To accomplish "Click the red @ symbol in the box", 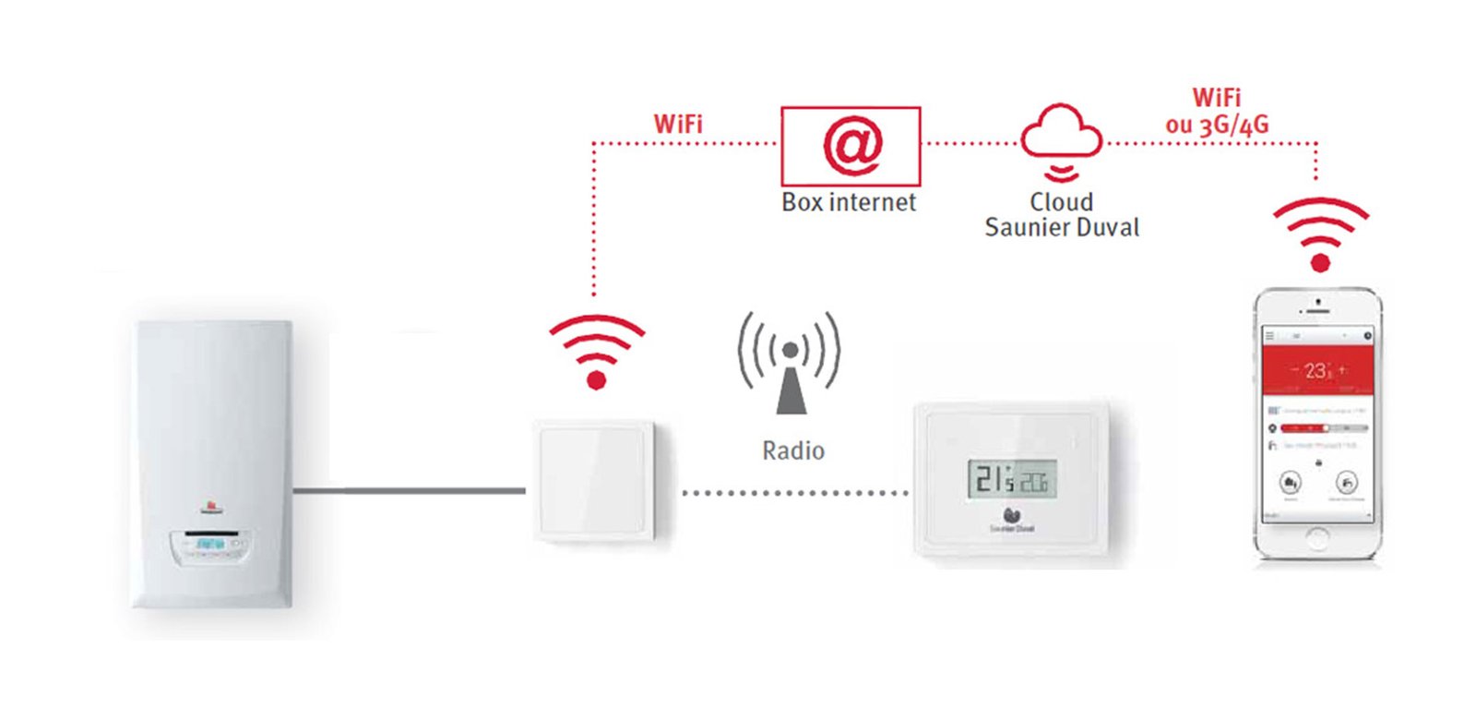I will [x=851, y=145].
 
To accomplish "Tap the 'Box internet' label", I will [x=849, y=202].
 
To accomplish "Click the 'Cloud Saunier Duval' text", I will [x=1062, y=215].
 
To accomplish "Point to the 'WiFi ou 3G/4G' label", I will [x=1217, y=111].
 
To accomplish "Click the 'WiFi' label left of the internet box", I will [x=678, y=124].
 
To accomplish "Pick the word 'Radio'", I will [x=793, y=450].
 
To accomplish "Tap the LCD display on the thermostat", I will [x=1011, y=479].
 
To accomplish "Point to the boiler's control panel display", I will [x=210, y=544].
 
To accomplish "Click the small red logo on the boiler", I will [x=210, y=506].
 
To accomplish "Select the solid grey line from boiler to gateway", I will [x=411, y=491].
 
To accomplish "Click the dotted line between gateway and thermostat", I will [x=793, y=493].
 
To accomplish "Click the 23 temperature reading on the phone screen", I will [x=1317, y=371].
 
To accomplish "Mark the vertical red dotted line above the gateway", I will [x=594, y=222].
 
